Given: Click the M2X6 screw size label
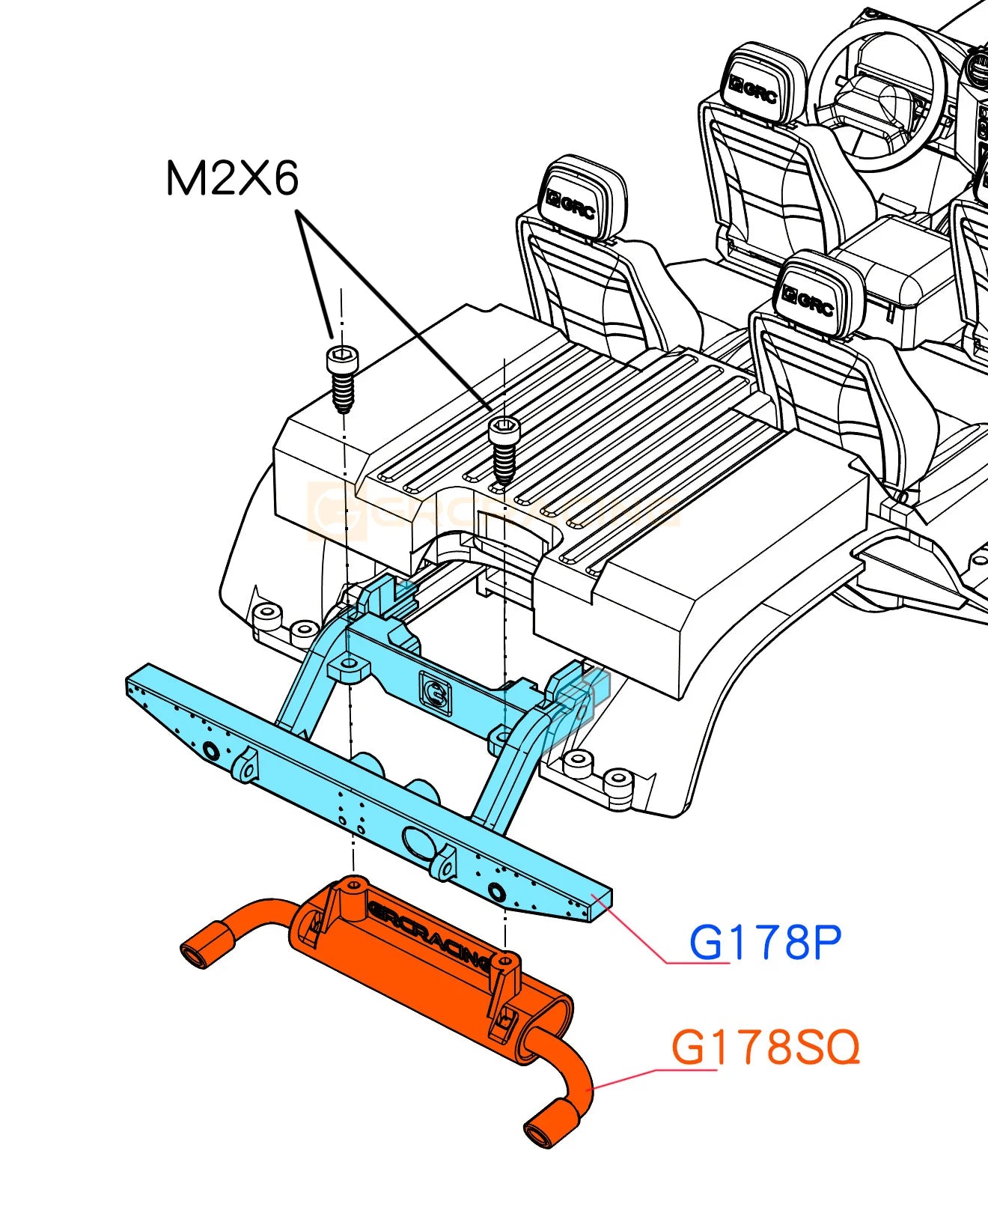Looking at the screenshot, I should (231, 180).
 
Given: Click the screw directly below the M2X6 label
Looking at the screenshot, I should (342, 378).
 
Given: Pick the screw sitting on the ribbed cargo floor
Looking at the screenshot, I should (504, 449).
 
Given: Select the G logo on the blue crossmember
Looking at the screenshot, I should (436, 693).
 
